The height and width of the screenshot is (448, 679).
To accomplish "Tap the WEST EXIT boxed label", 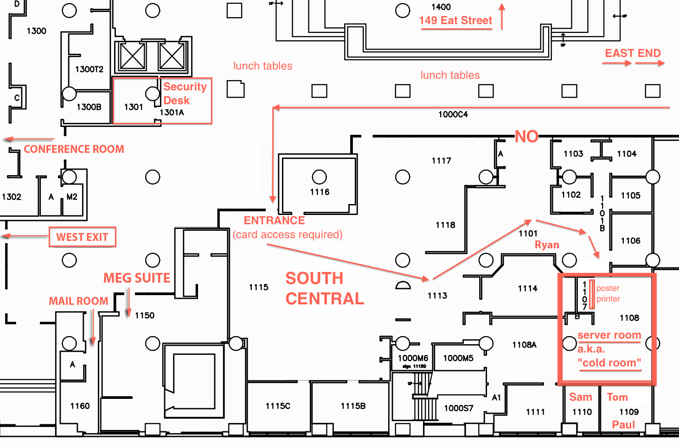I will (82, 237).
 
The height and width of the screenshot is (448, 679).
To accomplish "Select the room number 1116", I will (320, 192).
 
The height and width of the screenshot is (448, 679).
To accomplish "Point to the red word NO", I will (526, 137).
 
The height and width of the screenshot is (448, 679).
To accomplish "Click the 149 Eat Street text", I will (455, 20).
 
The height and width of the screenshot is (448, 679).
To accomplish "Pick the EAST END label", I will (633, 53).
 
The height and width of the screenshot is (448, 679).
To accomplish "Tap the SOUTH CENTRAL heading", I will (324, 289).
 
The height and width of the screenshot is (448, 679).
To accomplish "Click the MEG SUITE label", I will (136, 278).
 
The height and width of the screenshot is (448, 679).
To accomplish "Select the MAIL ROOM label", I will (78, 301).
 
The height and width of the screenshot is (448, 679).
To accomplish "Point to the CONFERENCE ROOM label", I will (74, 149).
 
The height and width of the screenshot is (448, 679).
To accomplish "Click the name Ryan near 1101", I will (547, 245).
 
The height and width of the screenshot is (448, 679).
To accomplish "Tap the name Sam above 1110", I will (580, 397).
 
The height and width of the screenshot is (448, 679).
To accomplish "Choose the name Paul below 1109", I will (623, 425).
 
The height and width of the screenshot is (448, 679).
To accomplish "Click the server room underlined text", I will (609, 335).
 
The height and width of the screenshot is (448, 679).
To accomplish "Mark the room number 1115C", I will (278, 406).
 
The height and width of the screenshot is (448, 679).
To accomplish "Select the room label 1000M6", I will (413, 358).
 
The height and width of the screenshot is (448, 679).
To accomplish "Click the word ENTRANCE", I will (274, 221).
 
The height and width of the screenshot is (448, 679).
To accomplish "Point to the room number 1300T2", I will (89, 69).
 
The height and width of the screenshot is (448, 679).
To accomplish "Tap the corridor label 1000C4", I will (453, 114).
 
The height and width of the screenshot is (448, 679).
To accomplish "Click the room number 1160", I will (80, 406).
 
